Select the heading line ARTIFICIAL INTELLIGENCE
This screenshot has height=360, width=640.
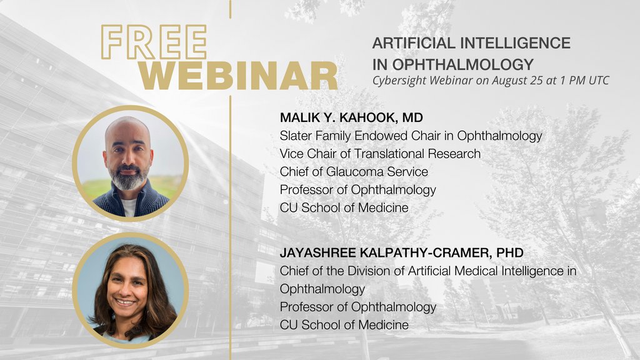pyautogui.click(x=471, y=43)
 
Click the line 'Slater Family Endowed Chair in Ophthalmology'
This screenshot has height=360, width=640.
pyautogui.click(x=411, y=135)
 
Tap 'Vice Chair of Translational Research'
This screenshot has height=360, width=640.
pyautogui.click(x=380, y=153)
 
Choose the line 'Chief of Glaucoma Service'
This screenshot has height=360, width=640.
pyautogui.click(x=354, y=171)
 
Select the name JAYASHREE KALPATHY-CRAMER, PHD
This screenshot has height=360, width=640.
pyautogui.click(x=401, y=252)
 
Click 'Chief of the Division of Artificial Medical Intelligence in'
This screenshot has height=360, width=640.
pyautogui.click(x=427, y=271)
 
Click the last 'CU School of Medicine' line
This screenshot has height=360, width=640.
pyautogui.click(x=344, y=325)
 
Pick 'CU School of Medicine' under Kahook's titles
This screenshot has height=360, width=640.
pyautogui.click(x=344, y=207)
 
